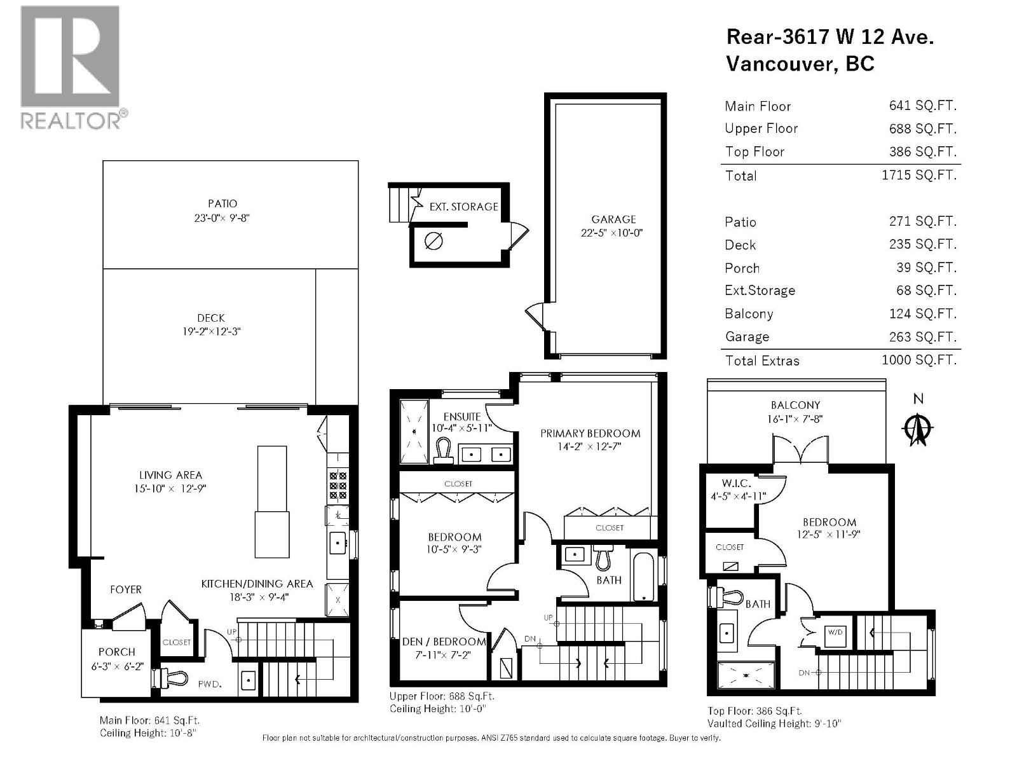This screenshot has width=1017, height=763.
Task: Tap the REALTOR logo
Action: [70, 67]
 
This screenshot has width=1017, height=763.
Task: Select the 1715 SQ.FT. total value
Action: [918, 175]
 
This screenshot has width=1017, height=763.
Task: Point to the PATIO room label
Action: [222, 203]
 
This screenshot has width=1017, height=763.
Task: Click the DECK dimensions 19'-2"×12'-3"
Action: [211, 331]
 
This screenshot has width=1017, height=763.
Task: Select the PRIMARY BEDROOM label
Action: [590, 434]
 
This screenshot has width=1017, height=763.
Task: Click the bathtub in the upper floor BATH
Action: [643, 577]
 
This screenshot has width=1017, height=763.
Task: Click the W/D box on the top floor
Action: [834, 633]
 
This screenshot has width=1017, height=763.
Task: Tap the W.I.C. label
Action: [736, 484]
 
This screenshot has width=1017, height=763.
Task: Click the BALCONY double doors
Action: [801, 450]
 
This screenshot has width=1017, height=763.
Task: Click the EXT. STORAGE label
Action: [463, 207]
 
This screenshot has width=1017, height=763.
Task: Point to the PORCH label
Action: [117, 652]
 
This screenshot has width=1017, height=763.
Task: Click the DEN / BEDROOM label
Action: [444, 642]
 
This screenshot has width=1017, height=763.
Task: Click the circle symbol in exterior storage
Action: [433, 241]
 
